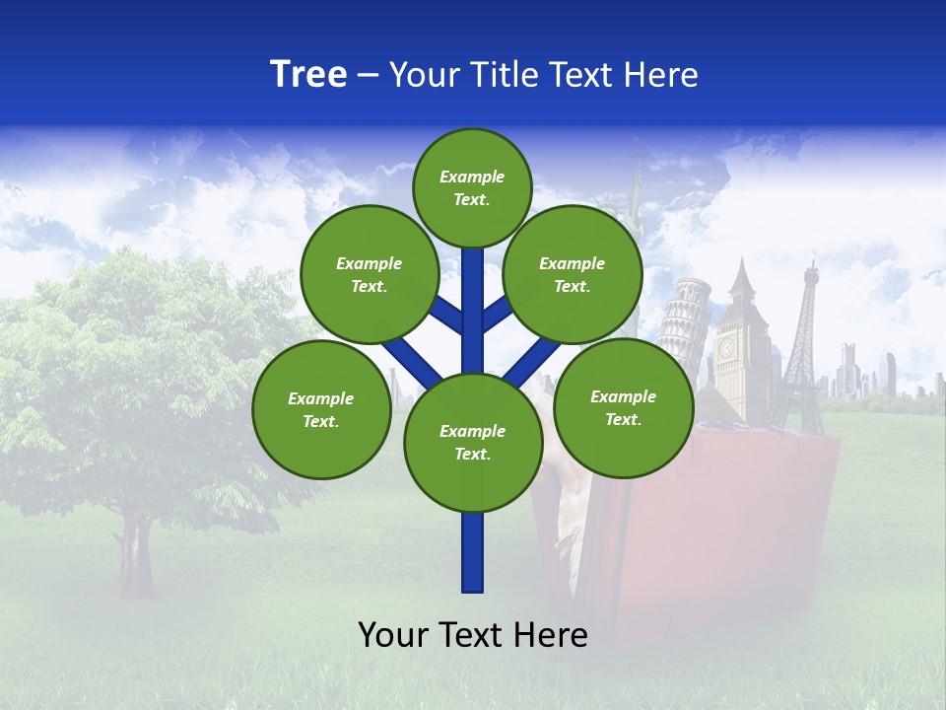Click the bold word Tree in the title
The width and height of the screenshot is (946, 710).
[x=308, y=74]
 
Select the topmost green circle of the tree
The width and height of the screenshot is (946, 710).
[x=472, y=187]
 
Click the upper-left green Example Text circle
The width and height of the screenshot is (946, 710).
[x=370, y=274]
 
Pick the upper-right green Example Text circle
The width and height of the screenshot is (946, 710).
[x=573, y=274]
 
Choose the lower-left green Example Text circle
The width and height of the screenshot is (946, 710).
[x=321, y=409]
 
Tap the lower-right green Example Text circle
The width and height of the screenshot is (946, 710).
[x=623, y=407]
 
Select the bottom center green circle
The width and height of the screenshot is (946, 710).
[x=472, y=442]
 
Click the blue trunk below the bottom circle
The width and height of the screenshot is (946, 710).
[x=472, y=552]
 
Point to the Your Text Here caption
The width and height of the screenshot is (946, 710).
[x=472, y=634]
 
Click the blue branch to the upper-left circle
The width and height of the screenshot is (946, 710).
[x=446, y=314]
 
